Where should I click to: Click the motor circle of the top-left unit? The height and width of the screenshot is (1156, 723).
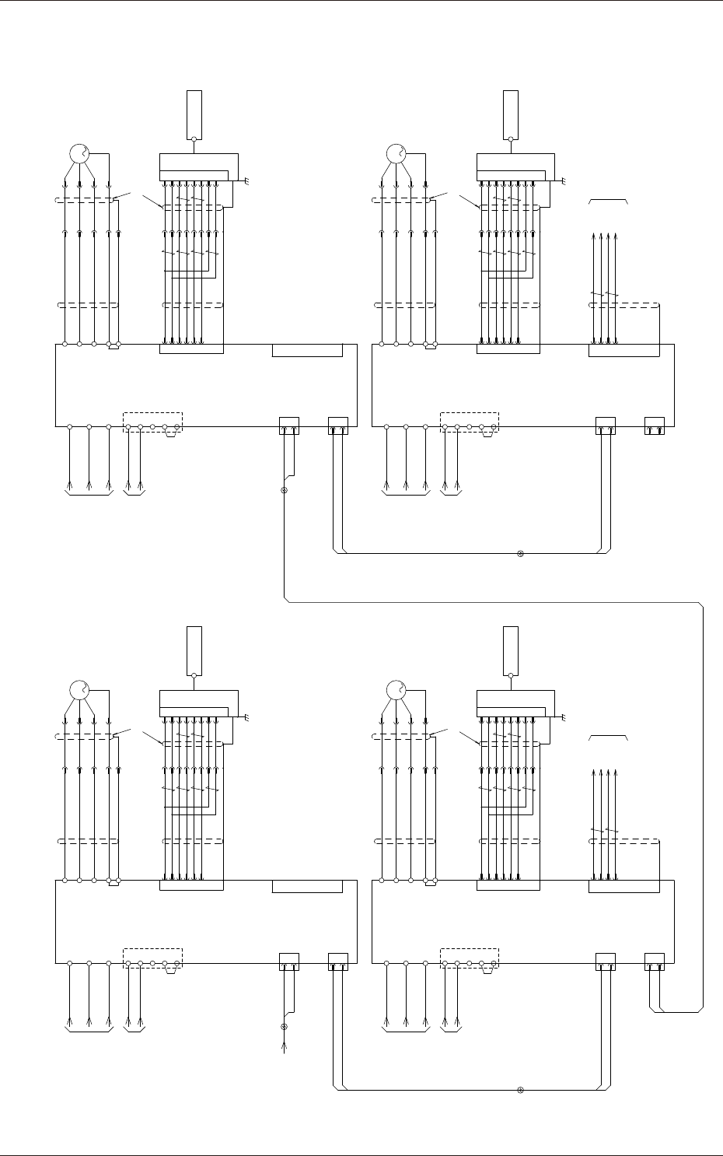pos(80,153)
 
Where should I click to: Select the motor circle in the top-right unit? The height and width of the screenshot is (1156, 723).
pos(396,153)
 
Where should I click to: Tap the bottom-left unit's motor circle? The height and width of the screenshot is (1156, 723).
pos(80,690)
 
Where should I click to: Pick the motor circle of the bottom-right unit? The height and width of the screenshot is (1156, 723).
pos(396,690)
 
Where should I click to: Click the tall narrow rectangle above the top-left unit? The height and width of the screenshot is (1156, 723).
pos(194,114)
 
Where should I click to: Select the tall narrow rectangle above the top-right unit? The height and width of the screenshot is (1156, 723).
pos(510,114)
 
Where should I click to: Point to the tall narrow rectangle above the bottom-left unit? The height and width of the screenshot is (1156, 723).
pos(194,650)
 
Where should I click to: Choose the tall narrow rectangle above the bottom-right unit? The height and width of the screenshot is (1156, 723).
pos(510,650)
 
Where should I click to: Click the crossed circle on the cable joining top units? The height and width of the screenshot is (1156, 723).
pos(520,554)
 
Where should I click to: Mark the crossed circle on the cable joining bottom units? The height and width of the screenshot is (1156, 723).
pos(520,1089)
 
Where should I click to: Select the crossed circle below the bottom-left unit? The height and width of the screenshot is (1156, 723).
pos(284,1027)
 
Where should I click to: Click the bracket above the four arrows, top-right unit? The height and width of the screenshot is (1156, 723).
pos(609,201)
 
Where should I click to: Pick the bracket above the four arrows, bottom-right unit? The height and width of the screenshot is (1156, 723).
pos(609,737)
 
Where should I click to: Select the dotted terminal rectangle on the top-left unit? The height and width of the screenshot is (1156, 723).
pos(153,421)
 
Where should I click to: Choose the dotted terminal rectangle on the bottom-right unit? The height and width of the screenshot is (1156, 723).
pos(470,957)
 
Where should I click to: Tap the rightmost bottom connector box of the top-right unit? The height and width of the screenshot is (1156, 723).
pos(655,426)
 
